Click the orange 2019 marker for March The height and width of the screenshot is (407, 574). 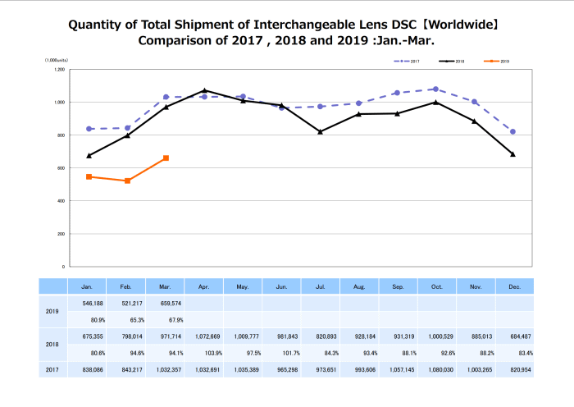tap(166, 158)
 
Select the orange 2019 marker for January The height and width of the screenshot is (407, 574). tap(89, 176)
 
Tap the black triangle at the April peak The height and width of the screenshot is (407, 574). tap(204, 90)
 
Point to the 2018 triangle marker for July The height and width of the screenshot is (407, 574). tap(320, 131)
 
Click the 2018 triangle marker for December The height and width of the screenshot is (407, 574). tap(512, 153)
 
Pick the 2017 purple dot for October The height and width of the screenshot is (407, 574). tap(435, 89)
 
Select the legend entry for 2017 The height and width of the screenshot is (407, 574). tap(408, 62)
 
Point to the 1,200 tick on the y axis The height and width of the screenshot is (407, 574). tap(59, 70)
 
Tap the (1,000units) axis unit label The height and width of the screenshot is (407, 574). tap(57, 61)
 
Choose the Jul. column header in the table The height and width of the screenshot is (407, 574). tap(320, 286)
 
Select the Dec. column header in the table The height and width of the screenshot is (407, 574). tap(513, 286)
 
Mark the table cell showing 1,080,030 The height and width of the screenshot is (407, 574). tap(436, 370)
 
